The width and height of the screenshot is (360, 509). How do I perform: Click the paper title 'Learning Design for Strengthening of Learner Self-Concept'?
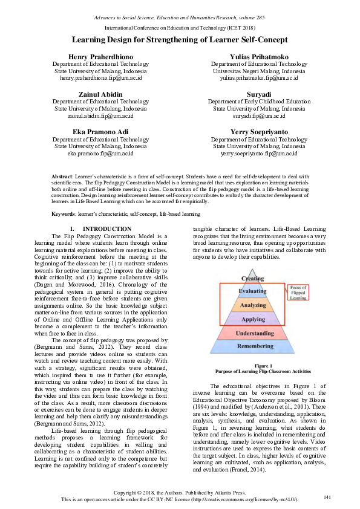point(180,39)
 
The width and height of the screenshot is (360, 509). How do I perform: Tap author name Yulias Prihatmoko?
point(259,57)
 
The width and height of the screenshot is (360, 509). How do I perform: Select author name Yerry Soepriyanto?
point(259,132)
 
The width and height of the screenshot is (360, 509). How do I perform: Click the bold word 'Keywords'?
point(64,214)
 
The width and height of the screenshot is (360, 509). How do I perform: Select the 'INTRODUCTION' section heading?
point(110,229)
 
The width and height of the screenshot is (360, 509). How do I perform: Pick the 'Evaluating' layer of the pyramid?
point(253,291)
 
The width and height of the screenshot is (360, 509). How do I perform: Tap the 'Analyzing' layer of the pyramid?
point(253,305)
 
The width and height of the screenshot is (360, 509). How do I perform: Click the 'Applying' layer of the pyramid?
point(253,319)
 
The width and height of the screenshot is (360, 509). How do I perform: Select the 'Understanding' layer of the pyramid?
point(253,333)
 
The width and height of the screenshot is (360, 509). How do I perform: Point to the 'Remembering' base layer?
point(253,347)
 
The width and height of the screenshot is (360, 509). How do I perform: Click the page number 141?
point(327,497)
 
